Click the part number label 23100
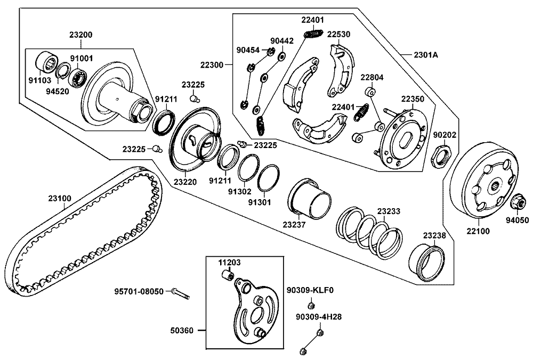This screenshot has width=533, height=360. tap(60, 198)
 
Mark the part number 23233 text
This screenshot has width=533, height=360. tap(389, 211)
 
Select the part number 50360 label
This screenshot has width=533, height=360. tap(184, 331)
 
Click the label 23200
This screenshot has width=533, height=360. tap(80, 35)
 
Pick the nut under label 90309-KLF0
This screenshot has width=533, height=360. tap(310, 305)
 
